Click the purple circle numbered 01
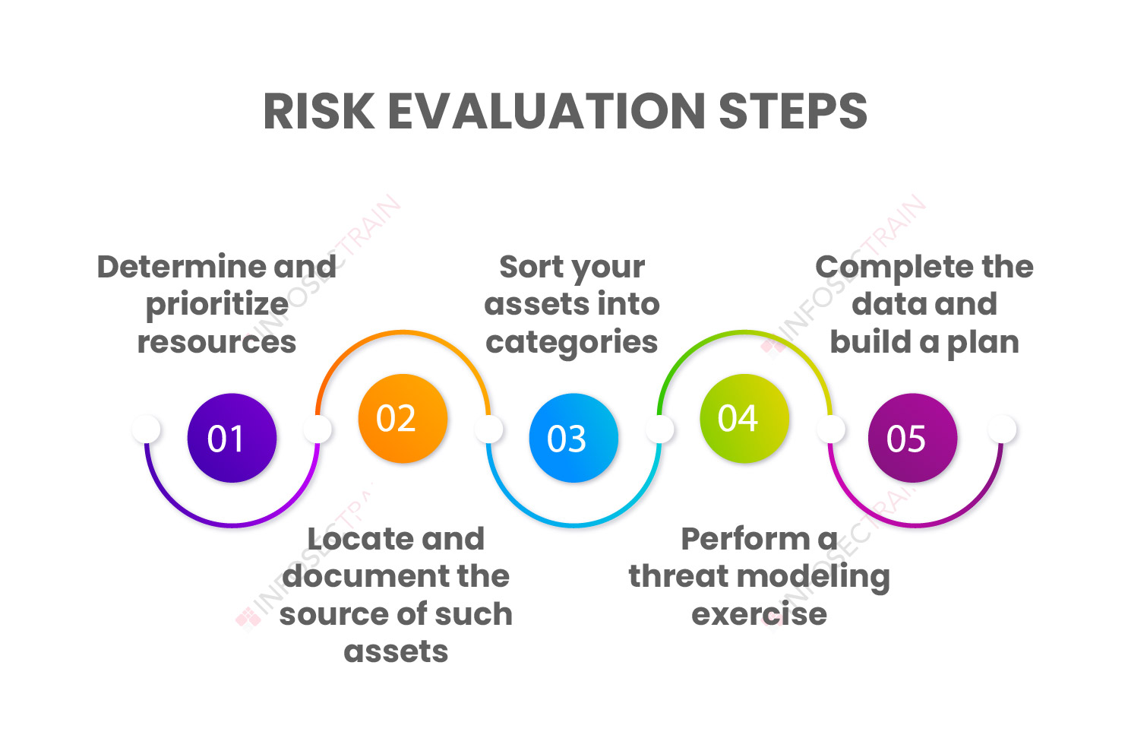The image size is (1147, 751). (232, 438)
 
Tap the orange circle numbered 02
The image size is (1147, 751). (403, 419)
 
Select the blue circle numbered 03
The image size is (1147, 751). (573, 438)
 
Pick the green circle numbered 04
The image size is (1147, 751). (744, 419)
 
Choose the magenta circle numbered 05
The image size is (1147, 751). (912, 438)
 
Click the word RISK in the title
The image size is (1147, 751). (318, 111)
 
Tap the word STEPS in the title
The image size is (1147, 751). (793, 111)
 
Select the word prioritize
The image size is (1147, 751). (217, 306)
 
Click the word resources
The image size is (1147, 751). (216, 343)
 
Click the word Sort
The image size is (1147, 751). (531, 267)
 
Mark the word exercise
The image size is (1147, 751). (759, 613)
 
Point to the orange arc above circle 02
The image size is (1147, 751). (403, 332)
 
